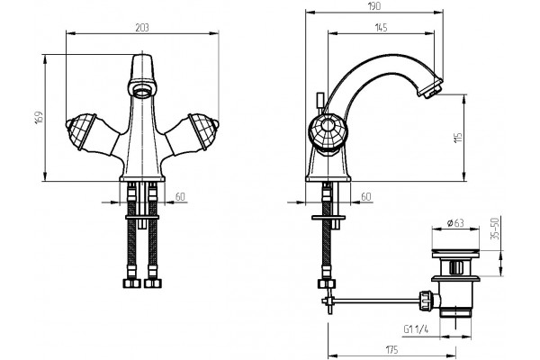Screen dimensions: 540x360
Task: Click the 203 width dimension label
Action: tap(142, 28)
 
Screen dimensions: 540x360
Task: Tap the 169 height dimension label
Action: tap(40, 118)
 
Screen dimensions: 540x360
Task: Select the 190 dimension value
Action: tap(373, 6)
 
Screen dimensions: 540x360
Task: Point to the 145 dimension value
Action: tap(380, 28)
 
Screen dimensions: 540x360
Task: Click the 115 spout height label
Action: tap(458, 138)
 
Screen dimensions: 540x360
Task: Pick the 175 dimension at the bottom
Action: tap(391, 350)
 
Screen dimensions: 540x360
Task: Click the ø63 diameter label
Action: tap(455, 223)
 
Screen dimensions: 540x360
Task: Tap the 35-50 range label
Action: tap(495, 229)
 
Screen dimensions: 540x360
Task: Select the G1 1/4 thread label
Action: tap(416, 329)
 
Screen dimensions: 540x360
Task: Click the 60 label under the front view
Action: tap(180, 197)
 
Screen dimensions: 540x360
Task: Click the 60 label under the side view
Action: tap(366, 197)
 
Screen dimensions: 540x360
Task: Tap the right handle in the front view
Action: tap(192, 133)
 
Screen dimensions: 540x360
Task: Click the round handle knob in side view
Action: tap(328, 132)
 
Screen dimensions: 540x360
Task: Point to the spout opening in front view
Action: tap(142, 92)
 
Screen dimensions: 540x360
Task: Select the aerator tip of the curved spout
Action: tap(430, 89)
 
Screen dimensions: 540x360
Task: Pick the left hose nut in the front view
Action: tap(132, 283)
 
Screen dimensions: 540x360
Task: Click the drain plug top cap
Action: tap(455, 251)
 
